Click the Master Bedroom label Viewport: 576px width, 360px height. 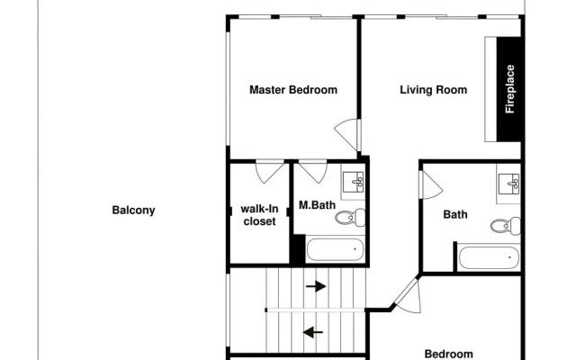tap(293, 90)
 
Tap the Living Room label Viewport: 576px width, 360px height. tap(434, 90)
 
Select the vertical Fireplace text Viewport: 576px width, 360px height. tap(510, 89)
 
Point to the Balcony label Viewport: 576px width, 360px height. tap(133, 211)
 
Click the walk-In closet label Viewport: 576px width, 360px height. tap(259, 215)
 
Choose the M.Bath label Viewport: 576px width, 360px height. tap(317, 205)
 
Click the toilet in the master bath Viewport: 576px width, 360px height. tap(350, 217)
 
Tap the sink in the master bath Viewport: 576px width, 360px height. tap(353, 182)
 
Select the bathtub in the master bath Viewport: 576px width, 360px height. tap(335, 250)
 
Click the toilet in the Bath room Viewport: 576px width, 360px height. tap(506, 226)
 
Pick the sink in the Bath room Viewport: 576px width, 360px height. tap(508, 184)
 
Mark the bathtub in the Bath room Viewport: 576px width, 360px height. tap(490, 258)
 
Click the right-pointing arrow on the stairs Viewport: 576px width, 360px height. tap(316, 286)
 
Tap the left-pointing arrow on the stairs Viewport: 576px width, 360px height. tap(313, 332)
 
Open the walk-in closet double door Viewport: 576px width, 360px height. tap(270, 171)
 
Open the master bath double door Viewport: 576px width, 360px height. tap(313, 171)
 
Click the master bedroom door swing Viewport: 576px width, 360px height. tap(346, 134)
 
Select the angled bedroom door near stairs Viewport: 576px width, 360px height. tap(408, 296)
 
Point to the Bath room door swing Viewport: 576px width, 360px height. tap(432, 185)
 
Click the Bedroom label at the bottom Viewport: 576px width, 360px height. tap(448, 354)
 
